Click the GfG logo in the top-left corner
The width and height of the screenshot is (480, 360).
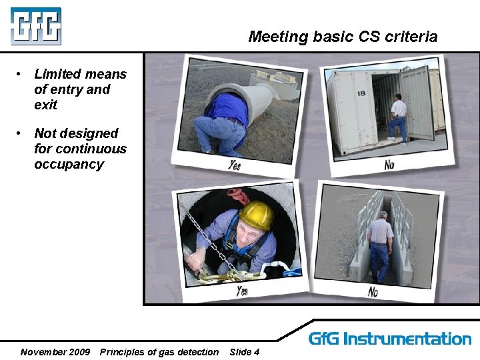tap(35, 26)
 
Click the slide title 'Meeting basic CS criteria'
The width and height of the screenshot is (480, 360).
tap(343, 37)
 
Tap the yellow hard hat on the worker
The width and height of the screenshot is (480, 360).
tap(257, 215)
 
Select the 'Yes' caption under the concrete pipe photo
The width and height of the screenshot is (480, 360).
tap(234, 164)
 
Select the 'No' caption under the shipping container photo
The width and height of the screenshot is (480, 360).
tap(389, 163)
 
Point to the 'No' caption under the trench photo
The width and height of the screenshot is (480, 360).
tap(373, 291)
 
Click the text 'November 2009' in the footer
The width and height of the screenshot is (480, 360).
tap(55, 352)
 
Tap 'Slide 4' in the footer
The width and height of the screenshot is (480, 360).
tap(244, 352)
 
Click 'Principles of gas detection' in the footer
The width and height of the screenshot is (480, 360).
tap(159, 352)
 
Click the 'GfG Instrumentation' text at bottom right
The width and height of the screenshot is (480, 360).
tap(390, 339)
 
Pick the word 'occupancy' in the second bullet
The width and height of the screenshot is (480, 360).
tap(69, 164)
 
